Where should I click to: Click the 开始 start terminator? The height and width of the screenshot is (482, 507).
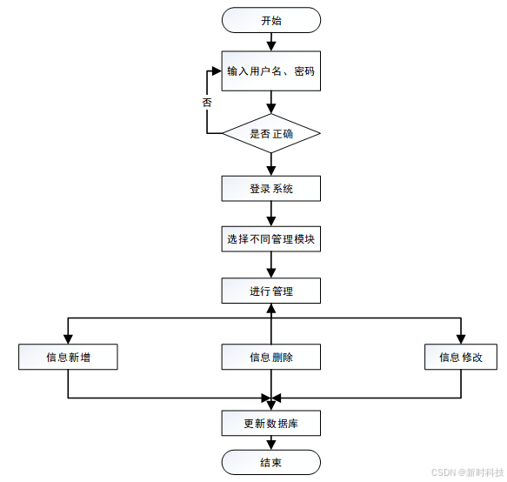click(271, 20)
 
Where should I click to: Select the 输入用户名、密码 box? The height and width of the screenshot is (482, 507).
click(271, 70)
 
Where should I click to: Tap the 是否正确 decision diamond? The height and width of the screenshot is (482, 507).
click(271, 134)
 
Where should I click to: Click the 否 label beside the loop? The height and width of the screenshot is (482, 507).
click(207, 102)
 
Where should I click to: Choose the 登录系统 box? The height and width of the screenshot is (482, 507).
click(271, 189)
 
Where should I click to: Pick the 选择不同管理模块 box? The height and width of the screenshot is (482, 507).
click(271, 239)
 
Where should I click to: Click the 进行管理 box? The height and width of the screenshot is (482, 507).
click(271, 291)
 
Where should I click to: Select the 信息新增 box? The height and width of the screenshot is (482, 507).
click(68, 357)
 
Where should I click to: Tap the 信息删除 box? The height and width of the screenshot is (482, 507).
click(271, 357)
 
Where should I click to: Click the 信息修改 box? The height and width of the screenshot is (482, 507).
click(461, 357)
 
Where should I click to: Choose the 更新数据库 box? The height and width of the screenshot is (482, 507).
click(271, 424)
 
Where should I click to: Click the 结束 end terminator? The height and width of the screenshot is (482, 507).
click(271, 462)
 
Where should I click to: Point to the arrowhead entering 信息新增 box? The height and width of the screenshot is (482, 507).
click(68, 338)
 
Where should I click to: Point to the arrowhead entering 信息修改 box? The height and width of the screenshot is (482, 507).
click(461, 338)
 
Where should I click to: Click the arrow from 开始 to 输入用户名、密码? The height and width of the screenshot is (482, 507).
click(271, 40)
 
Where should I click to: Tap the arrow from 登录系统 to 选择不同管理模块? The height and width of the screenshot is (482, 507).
click(271, 214)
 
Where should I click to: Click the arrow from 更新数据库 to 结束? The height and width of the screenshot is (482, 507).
click(271, 443)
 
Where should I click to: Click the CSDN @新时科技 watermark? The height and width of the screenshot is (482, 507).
click(467, 472)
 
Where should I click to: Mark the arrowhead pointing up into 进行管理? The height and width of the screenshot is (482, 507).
click(271, 309)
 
